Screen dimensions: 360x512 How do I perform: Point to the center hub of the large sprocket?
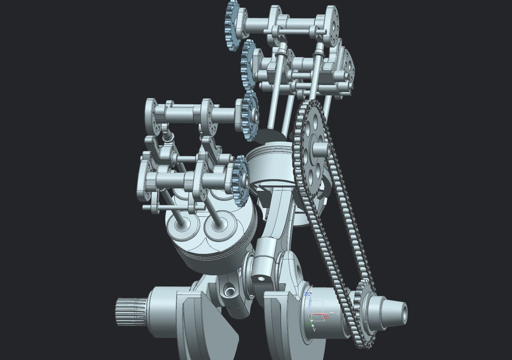click(x=319, y=150)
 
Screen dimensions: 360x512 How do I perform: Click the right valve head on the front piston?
click(x=218, y=225)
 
